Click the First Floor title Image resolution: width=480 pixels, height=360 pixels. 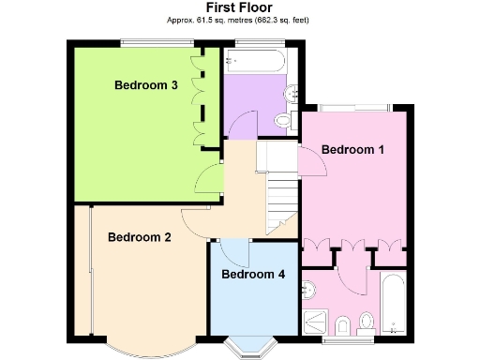click(238, 7)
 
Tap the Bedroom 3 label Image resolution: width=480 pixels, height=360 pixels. click(146, 85)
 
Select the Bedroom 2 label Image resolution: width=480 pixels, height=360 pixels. click(139, 237)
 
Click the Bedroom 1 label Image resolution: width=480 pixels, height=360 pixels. click(352, 149)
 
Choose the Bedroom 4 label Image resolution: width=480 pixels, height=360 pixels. click(252, 275)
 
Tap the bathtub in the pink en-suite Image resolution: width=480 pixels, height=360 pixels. click(393, 303)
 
